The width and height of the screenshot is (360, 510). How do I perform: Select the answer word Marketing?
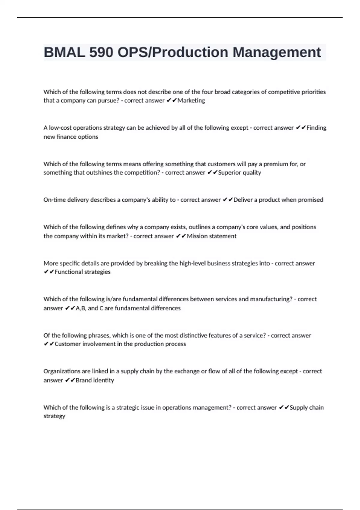191,100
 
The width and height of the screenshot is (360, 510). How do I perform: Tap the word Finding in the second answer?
316,128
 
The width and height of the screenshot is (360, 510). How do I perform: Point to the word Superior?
229,172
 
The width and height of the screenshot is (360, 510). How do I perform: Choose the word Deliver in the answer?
243,200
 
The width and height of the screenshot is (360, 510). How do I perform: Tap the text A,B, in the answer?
81,308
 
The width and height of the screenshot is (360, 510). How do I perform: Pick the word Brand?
84,380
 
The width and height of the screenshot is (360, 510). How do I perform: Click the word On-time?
53,200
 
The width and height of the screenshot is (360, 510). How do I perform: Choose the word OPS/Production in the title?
173,52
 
